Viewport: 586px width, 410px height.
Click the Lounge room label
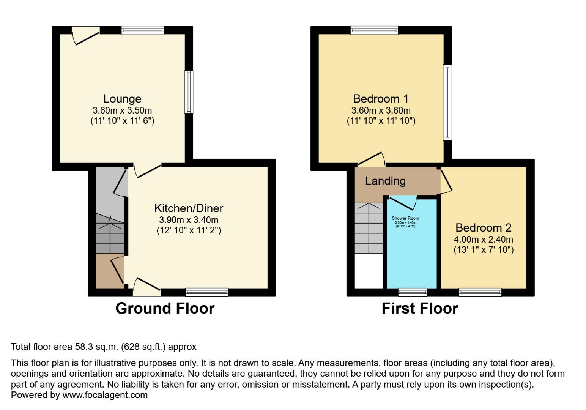[x=122, y=99]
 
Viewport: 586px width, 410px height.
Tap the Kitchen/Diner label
[x=189, y=208]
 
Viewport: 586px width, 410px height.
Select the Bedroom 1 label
[x=381, y=99]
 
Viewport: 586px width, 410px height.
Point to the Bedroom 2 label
[x=483, y=228]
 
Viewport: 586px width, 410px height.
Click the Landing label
[x=385, y=181]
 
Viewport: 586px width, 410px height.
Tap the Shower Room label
[x=405, y=218]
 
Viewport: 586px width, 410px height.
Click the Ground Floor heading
[x=165, y=308]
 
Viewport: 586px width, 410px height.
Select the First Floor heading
[x=420, y=308]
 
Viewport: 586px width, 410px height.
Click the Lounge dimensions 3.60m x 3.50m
[x=122, y=110]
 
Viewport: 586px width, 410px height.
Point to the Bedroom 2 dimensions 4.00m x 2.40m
[x=483, y=240]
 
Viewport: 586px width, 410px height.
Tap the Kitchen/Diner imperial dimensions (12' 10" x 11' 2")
[x=189, y=230]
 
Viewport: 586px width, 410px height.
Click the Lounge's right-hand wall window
[x=189, y=92]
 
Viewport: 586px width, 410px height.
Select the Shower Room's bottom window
[x=413, y=292]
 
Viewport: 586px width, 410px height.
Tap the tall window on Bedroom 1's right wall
[x=447, y=102]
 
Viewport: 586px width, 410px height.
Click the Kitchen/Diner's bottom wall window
[x=207, y=292]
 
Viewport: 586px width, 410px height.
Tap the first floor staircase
[x=369, y=228]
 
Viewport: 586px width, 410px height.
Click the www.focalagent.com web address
[x=105, y=395]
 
